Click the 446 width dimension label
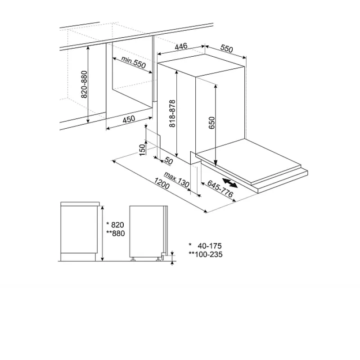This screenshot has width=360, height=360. [x=181, y=46]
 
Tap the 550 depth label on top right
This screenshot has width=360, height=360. [x=227, y=48]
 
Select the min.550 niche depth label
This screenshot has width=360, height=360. [x=133, y=62]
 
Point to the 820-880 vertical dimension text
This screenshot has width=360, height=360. [x=85, y=84]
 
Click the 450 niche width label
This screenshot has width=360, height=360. [x=129, y=119]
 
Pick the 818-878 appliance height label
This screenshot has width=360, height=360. [x=172, y=113]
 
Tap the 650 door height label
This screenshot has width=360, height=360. [x=211, y=123]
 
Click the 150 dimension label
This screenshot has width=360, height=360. [x=143, y=150]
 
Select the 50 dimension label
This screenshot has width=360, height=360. [x=169, y=161]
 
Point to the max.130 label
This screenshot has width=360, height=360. [x=176, y=180]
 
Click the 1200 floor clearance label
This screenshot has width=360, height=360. [x=162, y=183]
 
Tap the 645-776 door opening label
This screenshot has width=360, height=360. [x=220, y=189]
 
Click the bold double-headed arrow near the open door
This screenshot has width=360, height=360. [x=230, y=183]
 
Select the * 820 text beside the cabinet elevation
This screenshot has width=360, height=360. [x=115, y=225]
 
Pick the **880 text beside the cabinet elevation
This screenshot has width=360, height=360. [x=116, y=233]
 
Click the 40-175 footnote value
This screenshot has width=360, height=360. [x=210, y=246]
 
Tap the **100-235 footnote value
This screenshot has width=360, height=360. [x=206, y=254]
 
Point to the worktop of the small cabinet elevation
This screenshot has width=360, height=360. [x=80, y=204]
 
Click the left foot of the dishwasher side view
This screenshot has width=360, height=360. [x=133, y=259]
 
